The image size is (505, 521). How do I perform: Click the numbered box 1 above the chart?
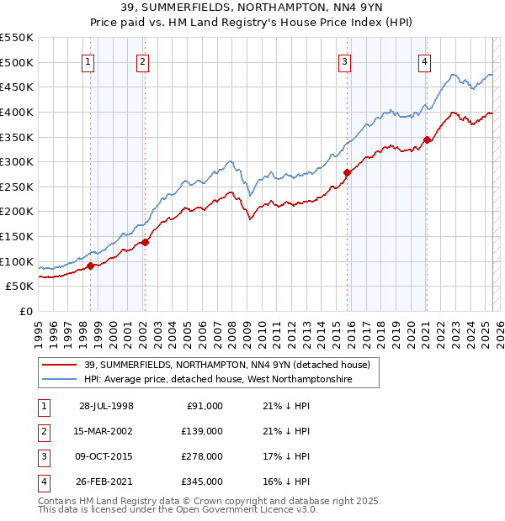tap(88, 61)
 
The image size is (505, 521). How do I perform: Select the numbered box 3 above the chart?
tap(345, 61)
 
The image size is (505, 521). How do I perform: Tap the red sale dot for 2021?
tap(427, 139)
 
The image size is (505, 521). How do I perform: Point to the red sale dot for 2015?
tap(347, 172)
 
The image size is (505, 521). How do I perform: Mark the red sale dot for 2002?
tap(145, 242)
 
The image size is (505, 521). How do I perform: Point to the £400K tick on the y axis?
tap(19, 112)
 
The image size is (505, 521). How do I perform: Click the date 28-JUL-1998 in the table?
tap(107, 406)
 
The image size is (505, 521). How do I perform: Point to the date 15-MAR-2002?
tap(107, 431)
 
